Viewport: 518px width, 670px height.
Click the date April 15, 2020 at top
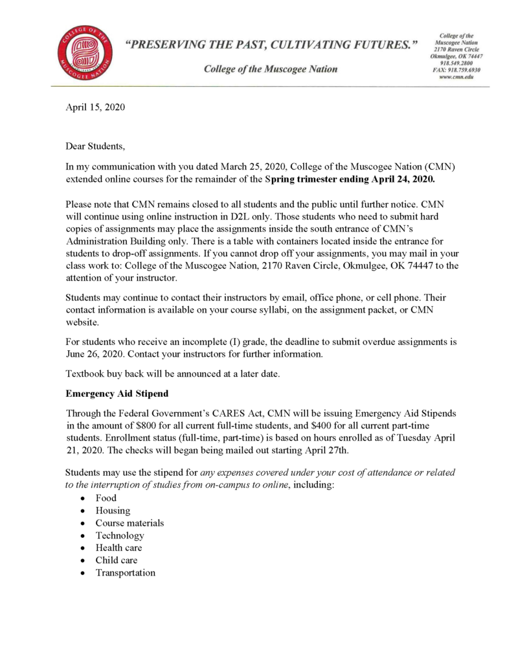96,107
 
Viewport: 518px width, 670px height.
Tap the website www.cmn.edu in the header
456,77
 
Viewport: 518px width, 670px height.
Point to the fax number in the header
456,70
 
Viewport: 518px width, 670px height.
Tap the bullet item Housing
113,510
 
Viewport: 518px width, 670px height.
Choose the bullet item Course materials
129,522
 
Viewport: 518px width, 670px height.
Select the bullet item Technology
120,535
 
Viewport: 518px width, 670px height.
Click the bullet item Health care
118,548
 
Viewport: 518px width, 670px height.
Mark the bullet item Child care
117,560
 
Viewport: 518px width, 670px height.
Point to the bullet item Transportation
125,573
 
